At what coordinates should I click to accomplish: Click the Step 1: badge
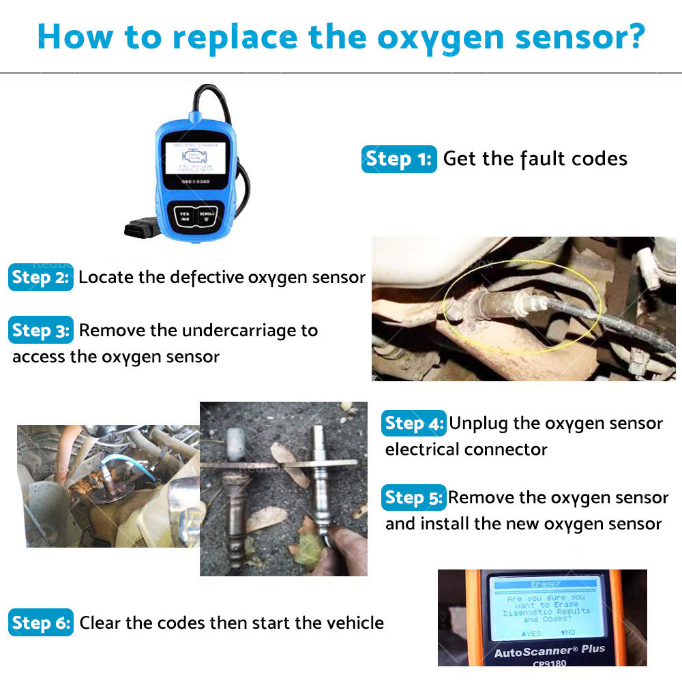(398, 159)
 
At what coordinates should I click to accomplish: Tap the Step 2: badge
(41, 278)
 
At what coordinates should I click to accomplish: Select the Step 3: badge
(41, 331)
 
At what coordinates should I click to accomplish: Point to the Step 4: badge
(414, 424)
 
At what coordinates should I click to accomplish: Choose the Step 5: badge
(414, 498)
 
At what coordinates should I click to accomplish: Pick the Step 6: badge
(41, 623)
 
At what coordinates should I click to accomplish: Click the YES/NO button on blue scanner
(184, 216)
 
